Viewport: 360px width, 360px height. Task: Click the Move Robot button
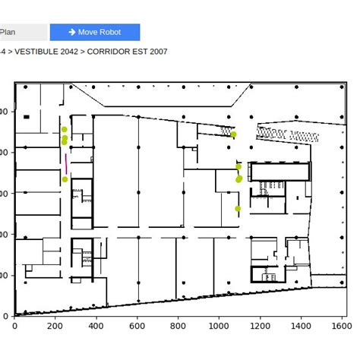95,32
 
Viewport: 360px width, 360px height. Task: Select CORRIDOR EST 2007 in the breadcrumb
128,52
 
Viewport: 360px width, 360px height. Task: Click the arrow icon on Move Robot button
72,32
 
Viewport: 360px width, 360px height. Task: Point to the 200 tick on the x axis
55,327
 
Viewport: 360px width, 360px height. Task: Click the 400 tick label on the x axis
96,327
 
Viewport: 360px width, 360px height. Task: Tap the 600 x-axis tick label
137,327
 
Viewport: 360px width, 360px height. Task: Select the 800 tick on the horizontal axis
178,327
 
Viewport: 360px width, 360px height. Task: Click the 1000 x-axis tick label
219,327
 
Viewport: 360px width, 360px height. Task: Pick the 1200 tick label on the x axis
260,327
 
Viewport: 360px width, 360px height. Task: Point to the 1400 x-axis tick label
301,327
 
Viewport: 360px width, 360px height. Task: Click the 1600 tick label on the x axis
342,327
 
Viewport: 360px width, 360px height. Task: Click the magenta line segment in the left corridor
66,164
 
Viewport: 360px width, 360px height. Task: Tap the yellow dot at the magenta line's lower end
65,179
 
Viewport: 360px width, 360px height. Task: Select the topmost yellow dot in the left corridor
65,130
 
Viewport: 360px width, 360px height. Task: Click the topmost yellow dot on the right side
234,134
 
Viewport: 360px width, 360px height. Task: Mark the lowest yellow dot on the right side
238,208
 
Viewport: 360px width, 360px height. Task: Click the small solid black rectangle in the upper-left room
27,117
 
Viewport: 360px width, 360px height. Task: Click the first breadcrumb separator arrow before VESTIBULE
11,52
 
